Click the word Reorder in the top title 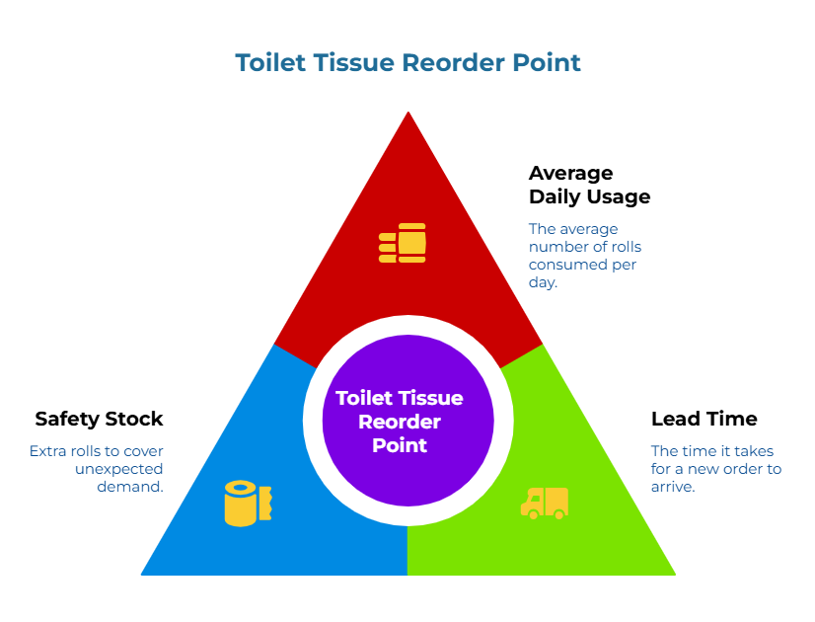[x=449, y=63]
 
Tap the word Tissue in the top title [x=351, y=63]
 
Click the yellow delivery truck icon [x=545, y=503]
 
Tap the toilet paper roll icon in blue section [x=247, y=503]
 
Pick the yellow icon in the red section [x=403, y=243]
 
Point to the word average [x=591, y=228]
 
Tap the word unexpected [x=118, y=469]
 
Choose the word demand [x=129, y=487]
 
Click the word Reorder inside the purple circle [x=400, y=422]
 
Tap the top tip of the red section [x=408, y=115]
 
